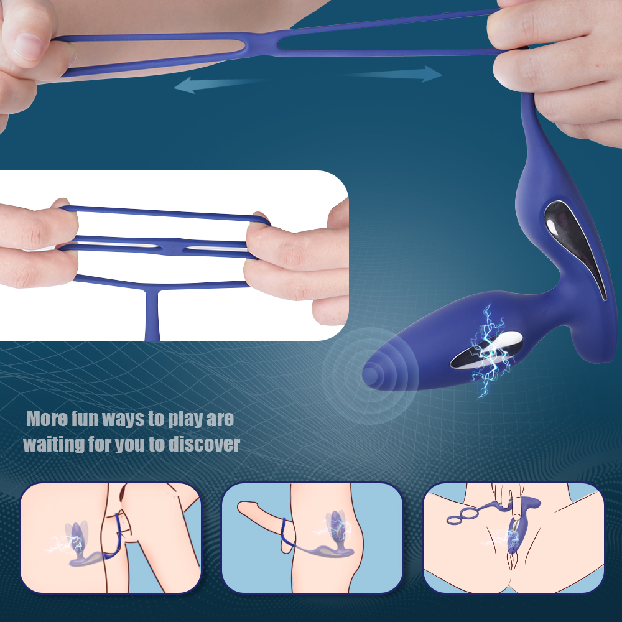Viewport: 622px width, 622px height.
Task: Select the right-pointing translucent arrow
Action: click(397, 74)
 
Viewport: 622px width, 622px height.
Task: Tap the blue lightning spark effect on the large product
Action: click(489, 351)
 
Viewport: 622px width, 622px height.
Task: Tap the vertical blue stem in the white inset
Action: click(152, 314)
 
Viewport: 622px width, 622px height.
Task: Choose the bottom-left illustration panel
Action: click(111, 537)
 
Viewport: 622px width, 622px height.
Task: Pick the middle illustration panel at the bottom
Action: click(312, 537)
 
